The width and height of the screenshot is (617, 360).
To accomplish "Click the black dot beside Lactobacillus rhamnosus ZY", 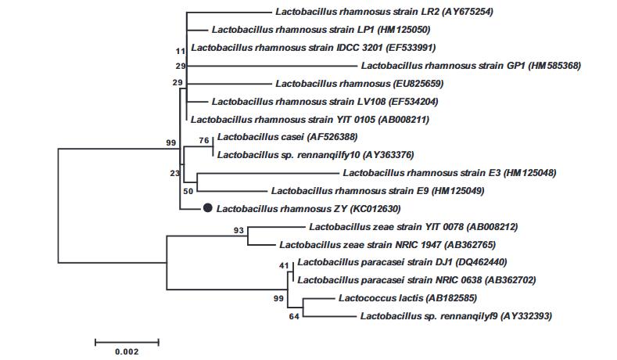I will [207, 208].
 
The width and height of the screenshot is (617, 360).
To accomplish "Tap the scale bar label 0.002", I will [127, 351].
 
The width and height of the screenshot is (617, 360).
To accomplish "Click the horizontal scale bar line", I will [127, 341].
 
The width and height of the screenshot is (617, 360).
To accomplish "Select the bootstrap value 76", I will [205, 140].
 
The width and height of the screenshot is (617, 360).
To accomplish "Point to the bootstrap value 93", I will [239, 230].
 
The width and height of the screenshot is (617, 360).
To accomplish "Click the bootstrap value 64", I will [295, 316].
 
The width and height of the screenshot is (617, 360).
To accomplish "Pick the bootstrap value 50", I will [188, 190].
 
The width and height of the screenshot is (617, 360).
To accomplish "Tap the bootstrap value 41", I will [284, 265].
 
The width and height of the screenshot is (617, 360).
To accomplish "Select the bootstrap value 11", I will [181, 51].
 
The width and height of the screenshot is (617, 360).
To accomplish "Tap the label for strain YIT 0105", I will [310, 120].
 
